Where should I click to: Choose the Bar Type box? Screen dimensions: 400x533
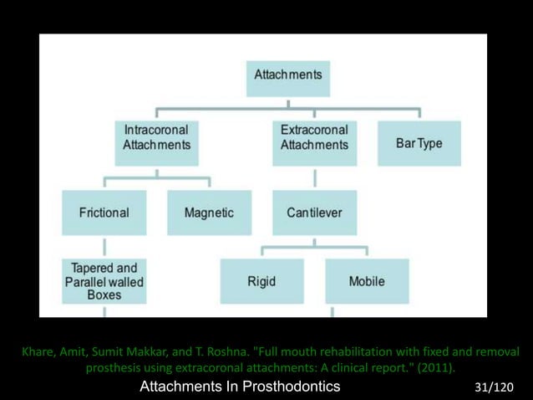(419, 143)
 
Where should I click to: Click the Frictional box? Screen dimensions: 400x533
(104, 213)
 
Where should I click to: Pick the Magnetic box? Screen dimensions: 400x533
(209, 213)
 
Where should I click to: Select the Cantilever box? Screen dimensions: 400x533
(313, 213)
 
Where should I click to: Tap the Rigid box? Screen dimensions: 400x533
(261, 281)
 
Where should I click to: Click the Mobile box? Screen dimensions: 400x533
(367, 281)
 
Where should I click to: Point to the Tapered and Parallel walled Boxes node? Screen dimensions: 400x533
(104, 281)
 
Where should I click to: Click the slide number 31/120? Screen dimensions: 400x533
(493, 387)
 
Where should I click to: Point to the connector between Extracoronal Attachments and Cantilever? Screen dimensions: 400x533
(314, 177)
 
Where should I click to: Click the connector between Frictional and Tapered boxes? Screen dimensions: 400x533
(104, 246)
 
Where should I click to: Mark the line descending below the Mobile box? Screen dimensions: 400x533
(332, 311)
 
